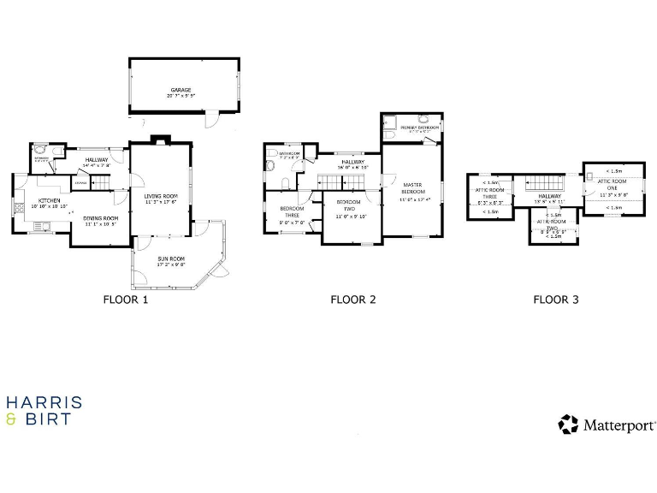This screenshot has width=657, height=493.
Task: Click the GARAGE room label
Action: pos(180,91)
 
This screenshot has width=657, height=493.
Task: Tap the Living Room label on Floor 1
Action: pos(160,198)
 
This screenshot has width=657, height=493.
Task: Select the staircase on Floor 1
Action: pos(101,182)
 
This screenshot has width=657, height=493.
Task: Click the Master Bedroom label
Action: pos(412,188)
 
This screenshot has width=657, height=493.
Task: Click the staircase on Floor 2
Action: pos(334,181)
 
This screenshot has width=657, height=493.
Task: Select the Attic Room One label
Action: pos(613,185)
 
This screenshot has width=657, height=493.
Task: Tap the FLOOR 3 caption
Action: pos(556,300)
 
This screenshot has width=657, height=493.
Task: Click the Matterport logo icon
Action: pos(568,425)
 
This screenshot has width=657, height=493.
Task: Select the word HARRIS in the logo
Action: pos(44,402)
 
